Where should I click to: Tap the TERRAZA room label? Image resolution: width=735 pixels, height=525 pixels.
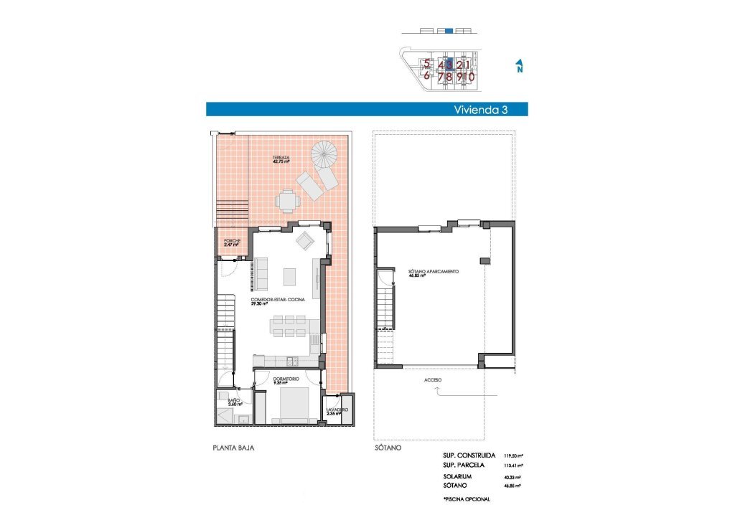click(x=281, y=159)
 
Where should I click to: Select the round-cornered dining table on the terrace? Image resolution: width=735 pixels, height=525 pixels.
click(x=288, y=201)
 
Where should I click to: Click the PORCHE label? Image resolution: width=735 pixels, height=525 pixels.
click(x=231, y=242)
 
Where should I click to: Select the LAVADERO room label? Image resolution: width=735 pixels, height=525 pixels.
click(x=337, y=411)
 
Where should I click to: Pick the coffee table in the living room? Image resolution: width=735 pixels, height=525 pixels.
click(x=290, y=276)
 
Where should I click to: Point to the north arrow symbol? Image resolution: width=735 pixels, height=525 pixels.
click(x=518, y=67)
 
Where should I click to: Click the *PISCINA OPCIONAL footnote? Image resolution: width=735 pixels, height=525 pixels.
click(x=467, y=499)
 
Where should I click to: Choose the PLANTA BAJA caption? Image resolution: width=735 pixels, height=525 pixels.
click(x=234, y=448)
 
